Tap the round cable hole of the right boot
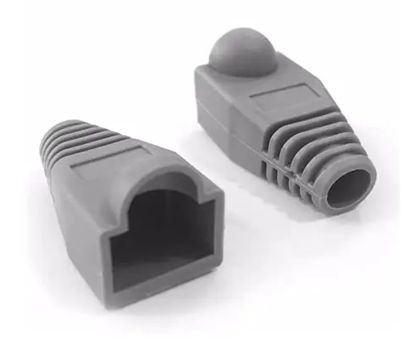point(349,188)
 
